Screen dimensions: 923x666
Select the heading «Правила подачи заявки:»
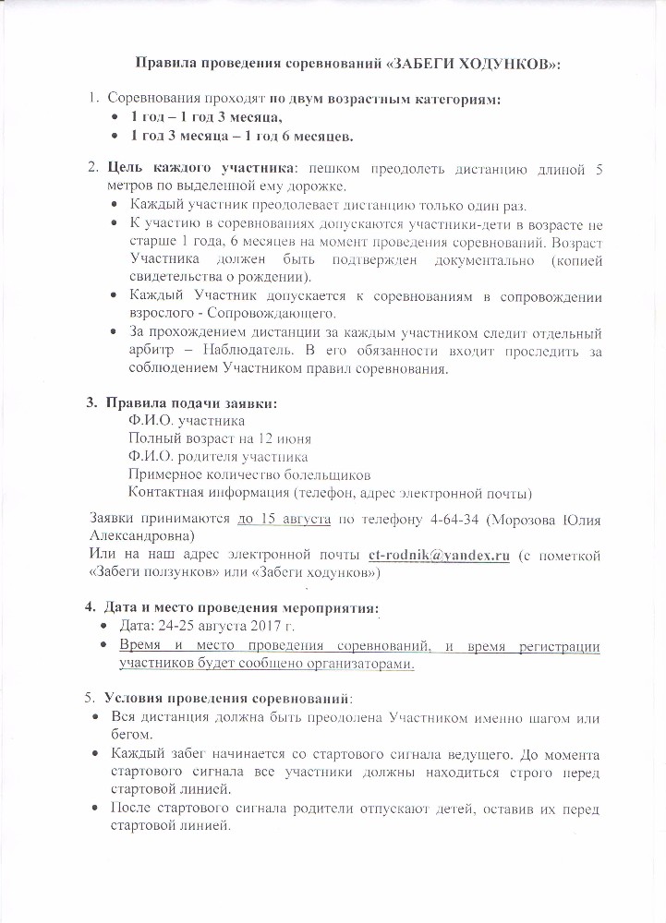[x=191, y=403]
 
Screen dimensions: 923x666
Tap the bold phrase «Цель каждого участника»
[x=189, y=169]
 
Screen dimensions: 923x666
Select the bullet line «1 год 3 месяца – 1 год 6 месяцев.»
[x=242, y=136]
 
